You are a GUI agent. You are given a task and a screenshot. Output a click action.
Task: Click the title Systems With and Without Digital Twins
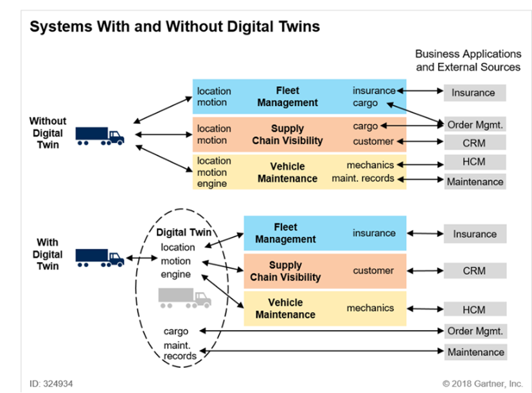point(175,27)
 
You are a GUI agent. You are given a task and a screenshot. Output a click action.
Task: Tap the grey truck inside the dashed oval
point(184,297)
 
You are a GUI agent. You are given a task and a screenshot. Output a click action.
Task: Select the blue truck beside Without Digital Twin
point(100,136)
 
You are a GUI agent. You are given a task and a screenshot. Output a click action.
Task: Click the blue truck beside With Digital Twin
point(100,258)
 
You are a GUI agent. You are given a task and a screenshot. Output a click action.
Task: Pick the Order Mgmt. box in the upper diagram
point(475,124)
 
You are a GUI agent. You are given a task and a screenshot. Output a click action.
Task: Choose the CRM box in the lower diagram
point(474,271)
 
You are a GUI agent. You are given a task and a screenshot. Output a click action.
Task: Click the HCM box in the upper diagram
point(474,162)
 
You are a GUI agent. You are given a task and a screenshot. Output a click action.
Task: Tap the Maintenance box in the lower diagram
point(475,352)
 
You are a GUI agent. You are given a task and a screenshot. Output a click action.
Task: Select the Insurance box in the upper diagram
point(474,92)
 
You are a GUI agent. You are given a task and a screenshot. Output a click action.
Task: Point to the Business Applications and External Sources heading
point(468,60)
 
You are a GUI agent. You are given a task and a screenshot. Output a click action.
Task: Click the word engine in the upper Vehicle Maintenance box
point(212,184)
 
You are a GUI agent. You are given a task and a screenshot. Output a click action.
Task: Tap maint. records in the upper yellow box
point(363,178)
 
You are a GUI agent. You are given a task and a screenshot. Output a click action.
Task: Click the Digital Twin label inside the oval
point(184,233)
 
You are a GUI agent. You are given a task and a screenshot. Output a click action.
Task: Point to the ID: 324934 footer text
point(51,383)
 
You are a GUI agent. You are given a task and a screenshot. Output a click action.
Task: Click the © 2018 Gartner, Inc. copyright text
point(483,383)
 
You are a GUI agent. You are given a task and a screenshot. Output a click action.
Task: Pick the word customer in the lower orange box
point(373,270)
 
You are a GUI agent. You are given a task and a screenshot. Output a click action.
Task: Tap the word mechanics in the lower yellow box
point(371,308)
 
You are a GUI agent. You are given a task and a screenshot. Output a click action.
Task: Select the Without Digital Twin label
point(48,133)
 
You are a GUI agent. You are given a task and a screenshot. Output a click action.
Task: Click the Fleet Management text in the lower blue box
point(286,233)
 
